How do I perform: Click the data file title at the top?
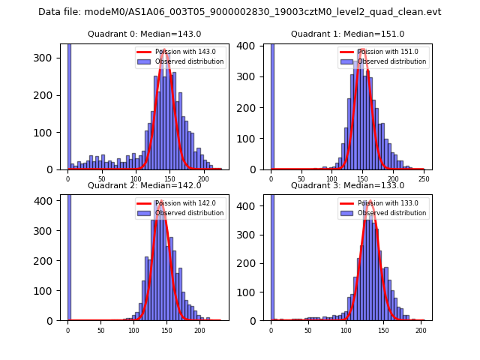[x=239, y=12]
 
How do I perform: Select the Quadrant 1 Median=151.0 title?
[x=347, y=34]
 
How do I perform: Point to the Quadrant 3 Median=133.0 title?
[x=347, y=185]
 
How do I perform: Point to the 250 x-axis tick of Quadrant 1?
[x=424, y=179]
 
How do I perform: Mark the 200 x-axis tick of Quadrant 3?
[x=421, y=330]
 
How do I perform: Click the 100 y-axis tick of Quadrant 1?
[x=253, y=133]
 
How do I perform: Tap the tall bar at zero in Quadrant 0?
[x=69, y=105]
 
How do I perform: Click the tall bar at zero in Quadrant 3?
[x=272, y=255]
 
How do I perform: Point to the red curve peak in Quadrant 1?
[x=362, y=50]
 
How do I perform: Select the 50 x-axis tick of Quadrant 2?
[x=100, y=330]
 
